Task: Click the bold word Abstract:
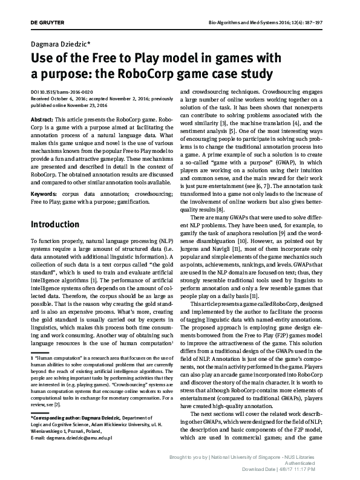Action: coord(42,121)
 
